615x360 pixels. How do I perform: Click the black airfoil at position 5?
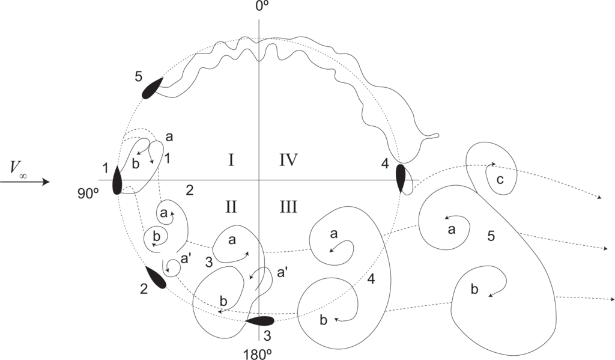click(x=152, y=88)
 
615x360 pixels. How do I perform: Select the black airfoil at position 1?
click(x=117, y=179)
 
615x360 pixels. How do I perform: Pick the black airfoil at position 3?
click(x=259, y=321)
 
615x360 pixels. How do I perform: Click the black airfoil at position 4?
click(x=401, y=178)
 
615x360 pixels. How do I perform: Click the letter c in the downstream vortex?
click(x=500, y=180)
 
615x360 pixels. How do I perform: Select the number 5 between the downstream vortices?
click(x=491, y=236)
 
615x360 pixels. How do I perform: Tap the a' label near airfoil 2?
click(x=187, y=258)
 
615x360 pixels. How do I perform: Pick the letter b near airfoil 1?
click(x=136, y=163)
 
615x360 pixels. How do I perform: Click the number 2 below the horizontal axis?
click(x=189, y=191)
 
